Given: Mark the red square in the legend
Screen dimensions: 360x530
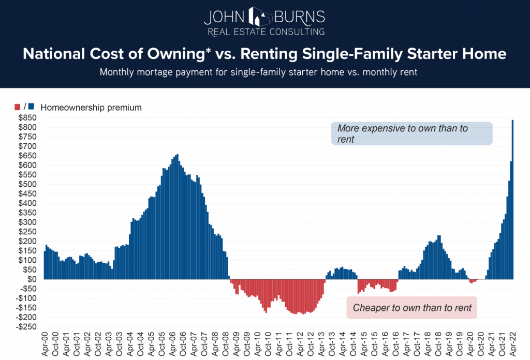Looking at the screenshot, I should click(19, 107).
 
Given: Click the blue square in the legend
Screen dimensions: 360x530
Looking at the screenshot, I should click(31, 107).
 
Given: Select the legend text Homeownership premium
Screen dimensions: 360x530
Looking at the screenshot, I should click(91, 108).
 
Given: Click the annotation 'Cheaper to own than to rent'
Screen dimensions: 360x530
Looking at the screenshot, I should click(412, 308).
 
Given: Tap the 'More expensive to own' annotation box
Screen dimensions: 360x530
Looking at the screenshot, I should click(411, 133).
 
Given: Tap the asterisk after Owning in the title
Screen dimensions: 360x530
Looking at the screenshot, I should click(184, 52).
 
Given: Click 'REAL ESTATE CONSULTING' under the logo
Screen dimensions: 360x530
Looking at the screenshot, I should click(265, 32).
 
